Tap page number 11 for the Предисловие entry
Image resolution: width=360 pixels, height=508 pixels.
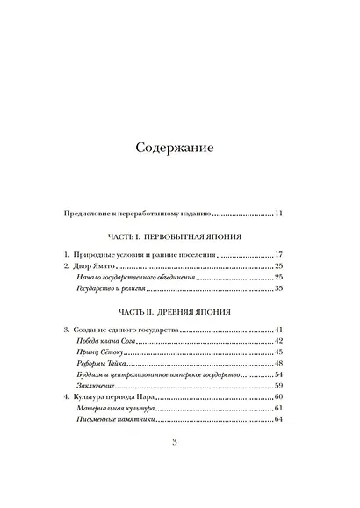tap(278, 213)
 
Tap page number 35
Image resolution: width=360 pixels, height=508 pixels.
tap(278, 287)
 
